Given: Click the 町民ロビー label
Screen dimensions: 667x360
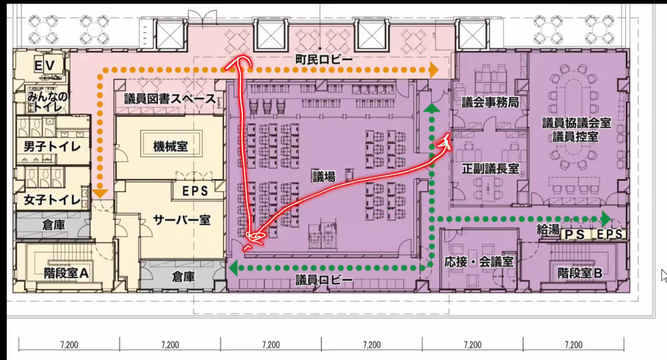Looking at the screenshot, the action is [x=324, y=60].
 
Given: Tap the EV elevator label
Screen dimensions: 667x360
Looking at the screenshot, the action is [x=45, y=65].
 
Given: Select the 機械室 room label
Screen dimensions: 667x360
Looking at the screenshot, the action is [x=171, y=146].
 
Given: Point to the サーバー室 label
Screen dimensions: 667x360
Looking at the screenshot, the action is [x=182, y=220].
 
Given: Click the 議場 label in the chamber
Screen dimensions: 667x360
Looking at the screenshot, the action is [x=324, y=177].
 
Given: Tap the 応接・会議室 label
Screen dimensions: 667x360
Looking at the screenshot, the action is [x=479, y=262].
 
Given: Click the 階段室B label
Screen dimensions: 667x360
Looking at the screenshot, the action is [x=580, y=273].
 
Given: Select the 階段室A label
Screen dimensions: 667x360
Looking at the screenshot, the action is [x=66, y=273].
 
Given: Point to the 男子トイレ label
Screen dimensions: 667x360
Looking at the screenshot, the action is [x=52, y=146].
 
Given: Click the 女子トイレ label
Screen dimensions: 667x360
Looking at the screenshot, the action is [x=52, y=200].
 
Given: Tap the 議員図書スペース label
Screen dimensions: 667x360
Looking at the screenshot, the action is [x=170, y=99].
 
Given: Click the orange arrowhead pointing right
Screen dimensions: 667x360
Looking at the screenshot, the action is [x=434, y=70].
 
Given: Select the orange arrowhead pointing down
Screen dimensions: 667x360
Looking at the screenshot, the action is [x=100, y=194].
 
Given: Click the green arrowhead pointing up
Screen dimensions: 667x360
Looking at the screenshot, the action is [x=431, y=108].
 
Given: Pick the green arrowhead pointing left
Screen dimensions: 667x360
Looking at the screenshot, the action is [x=233, y=268].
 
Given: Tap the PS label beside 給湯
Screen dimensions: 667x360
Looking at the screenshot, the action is [x=575, y=235].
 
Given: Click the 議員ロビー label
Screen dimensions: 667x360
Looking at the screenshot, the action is [x=324, y=280].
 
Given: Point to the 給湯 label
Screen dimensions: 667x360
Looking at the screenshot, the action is [x=548, y=229].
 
